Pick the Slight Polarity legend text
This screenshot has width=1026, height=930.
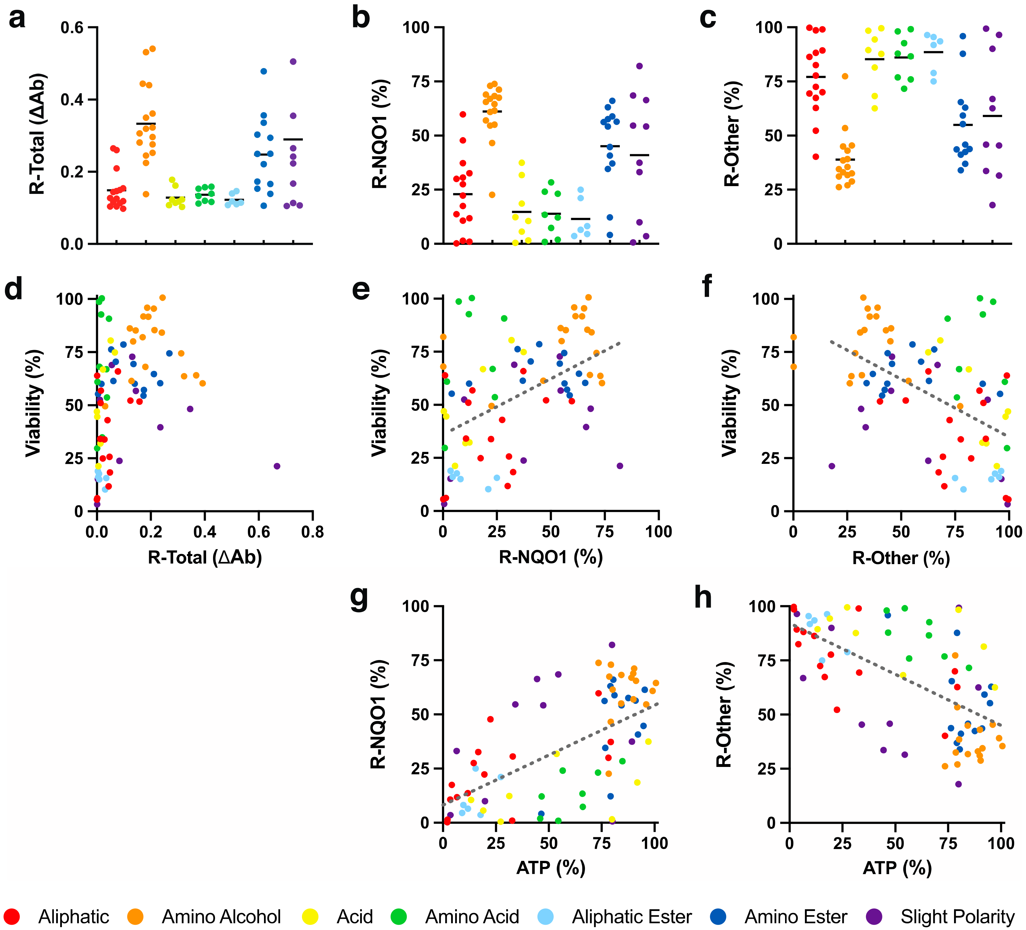957,917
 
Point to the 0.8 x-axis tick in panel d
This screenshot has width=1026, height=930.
312,532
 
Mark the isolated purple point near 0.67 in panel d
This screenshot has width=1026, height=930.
277,466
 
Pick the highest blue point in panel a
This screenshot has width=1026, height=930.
264,71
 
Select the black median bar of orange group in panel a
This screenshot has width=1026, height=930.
146,124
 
